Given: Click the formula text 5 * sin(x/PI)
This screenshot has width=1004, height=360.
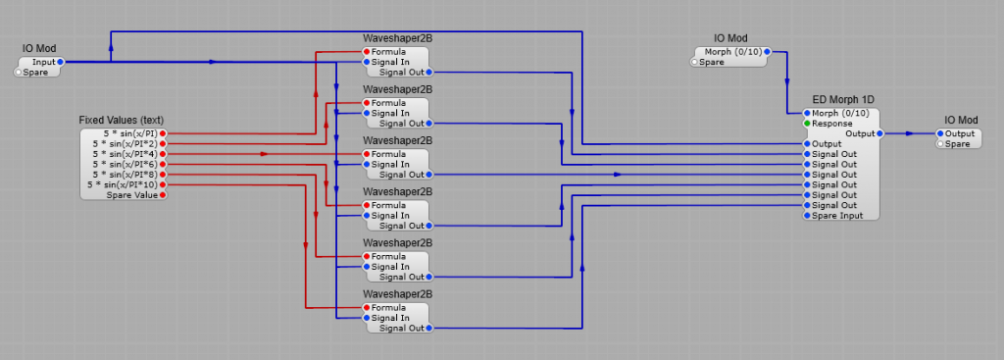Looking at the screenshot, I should tap(130, 133).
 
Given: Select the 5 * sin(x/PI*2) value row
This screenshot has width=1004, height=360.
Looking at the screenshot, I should tap(125, 143).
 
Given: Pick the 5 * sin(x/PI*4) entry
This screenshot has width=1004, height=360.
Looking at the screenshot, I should tap(125, 154).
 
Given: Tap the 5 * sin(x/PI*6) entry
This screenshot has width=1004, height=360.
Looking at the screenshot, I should tap(125, 164).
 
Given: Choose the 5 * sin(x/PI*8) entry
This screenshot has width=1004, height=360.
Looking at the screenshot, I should tap(125, 175).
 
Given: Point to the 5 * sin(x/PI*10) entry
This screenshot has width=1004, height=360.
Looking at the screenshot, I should tap(123, 184).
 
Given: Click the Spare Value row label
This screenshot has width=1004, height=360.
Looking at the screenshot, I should tap(131, 195).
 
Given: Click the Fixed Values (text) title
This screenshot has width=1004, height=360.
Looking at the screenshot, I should tap(122, 120).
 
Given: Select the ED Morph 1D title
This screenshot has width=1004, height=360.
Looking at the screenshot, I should tap(843, 100).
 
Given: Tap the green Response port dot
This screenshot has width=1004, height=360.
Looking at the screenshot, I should tap(807, 124).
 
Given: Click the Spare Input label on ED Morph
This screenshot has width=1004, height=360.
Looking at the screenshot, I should tap(837, 216).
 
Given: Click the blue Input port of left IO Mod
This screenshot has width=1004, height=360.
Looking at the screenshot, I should tap(60, 62).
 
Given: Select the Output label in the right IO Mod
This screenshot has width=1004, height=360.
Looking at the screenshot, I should tap(961, 133).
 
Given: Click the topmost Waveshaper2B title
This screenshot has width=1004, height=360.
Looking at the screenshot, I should tap(397, 38).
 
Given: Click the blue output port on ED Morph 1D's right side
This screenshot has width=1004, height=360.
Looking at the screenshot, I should tap(879, 133).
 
